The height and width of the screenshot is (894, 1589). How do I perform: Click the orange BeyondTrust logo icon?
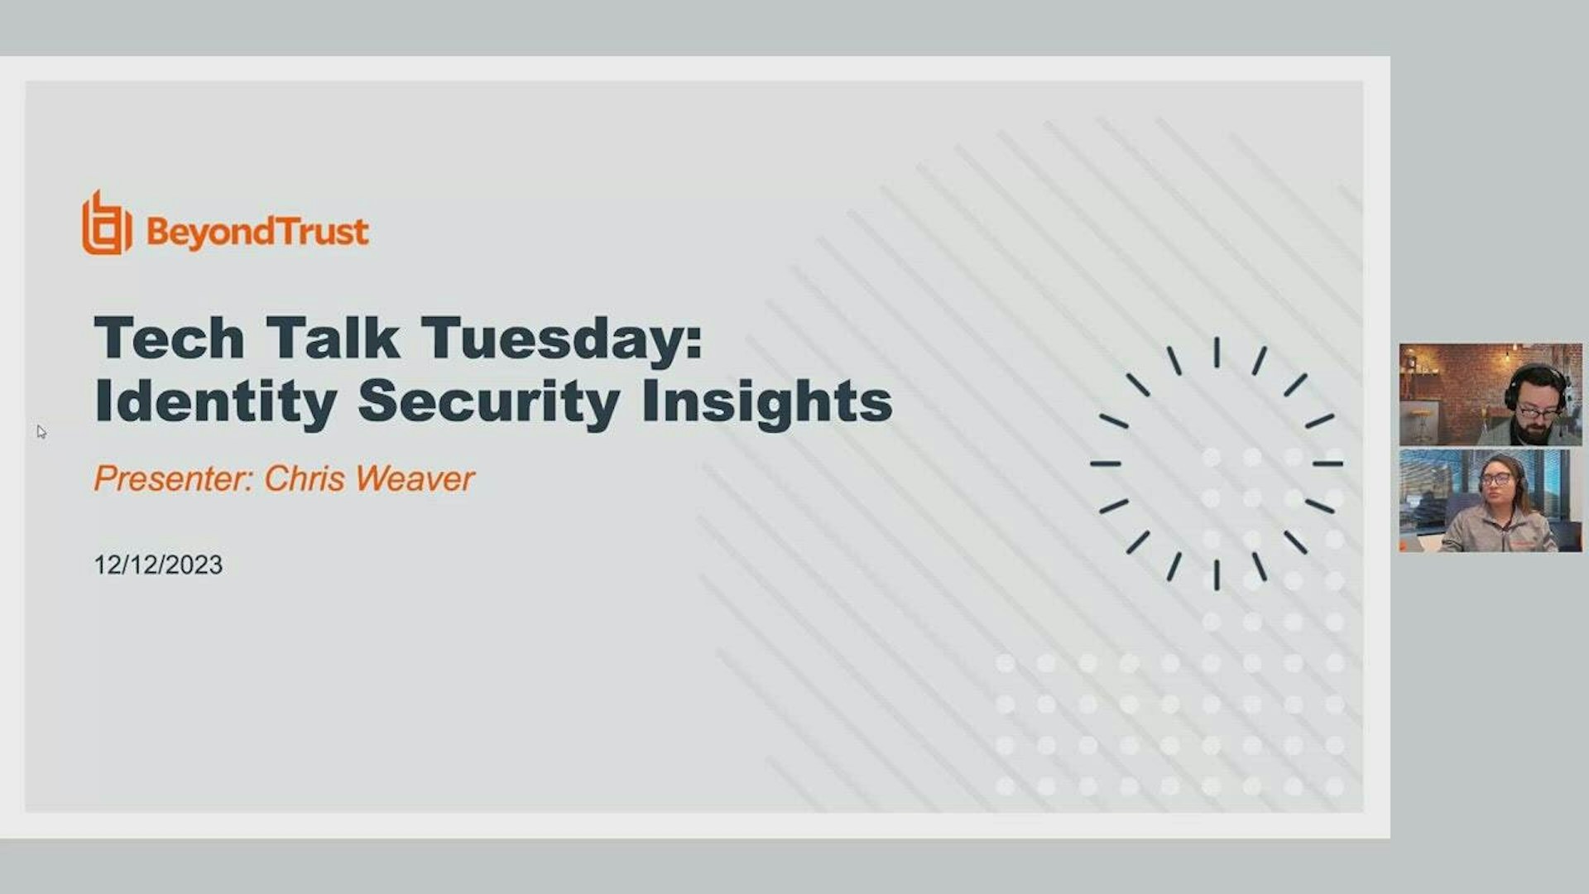pos(106,224)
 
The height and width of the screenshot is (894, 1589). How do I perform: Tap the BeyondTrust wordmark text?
pos(257,232)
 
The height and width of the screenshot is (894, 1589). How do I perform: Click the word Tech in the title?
pos(169,339)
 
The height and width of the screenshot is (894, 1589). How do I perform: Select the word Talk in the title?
pos(333,339)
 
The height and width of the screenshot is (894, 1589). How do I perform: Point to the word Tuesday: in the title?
pos(562,340)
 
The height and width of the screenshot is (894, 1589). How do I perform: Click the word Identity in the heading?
pos(216,402)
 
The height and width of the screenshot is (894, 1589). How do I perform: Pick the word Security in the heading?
pos(488,402)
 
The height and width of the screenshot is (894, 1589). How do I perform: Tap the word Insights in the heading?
pos(766,402)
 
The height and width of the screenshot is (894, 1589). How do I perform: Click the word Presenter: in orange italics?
pos(173,478)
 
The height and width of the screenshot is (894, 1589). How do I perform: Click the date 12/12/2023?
pos(158,565)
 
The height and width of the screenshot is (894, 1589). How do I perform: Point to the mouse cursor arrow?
pos(41,431)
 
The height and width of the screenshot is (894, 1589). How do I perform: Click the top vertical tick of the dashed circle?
pos(1217,353)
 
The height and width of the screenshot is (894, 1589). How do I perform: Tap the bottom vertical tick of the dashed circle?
pos(1217,574)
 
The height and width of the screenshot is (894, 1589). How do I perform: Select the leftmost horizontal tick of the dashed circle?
pos(1106,464)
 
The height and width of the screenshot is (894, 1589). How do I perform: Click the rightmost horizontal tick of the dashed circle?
pos(1327,464)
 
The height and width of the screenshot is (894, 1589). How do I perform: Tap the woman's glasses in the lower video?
pos(1495,479)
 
